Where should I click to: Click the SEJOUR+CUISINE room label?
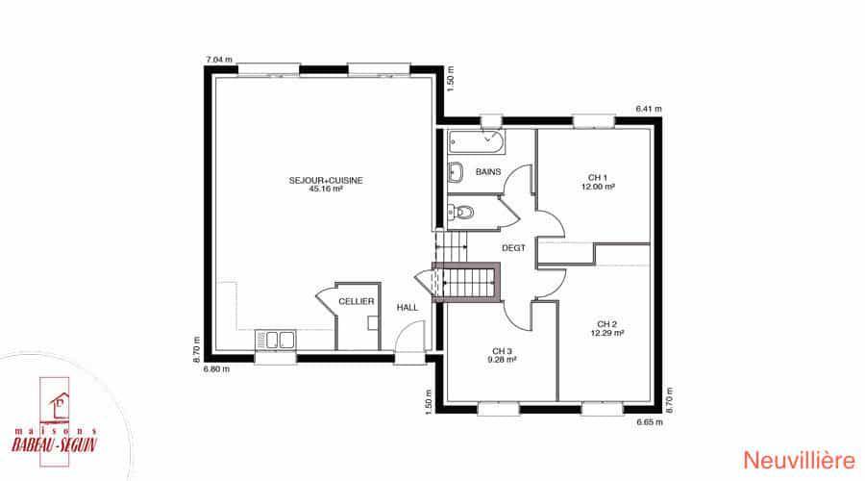pos(326,181)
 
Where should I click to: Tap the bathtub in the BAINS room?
pos(476,142)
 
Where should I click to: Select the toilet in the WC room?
pos(461,212)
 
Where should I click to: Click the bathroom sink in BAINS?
pos(456,172)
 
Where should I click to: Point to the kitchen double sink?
pos(275,339)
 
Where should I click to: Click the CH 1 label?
pos(598,178)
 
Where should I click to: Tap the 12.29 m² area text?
pos(606,333)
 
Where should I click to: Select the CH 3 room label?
pos(502,351)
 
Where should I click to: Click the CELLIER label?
pos(356,301)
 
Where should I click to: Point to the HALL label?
pos(408,308)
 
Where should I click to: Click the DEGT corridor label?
pos(513,248)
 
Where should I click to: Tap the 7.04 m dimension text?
pos(219,60)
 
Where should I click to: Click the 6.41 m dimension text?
pos(648,109)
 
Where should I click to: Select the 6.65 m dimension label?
pos(650,422)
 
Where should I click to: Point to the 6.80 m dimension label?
pos(216,368)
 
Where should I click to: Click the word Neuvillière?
pos(799,461)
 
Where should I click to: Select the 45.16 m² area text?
pos(326,189)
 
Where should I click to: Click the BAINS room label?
pos(488,172)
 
